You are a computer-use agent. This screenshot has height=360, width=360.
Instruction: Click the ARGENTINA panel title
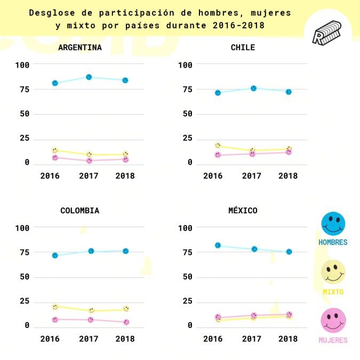tap(80, 47)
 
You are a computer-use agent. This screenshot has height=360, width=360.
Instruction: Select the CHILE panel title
tap(243, 47)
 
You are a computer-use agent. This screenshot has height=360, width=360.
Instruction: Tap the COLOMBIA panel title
tap(80, 211)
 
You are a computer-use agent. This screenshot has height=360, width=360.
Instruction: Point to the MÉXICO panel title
tap(243, 211)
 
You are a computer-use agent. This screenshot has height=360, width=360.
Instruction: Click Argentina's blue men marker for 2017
tap(89, 77)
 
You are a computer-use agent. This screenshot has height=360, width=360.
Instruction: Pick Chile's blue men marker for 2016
tap(218, 93)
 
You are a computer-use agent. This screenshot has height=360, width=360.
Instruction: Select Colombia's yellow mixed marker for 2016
tap(55, 307)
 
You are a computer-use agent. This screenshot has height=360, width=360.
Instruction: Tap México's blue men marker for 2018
tap(289, 252)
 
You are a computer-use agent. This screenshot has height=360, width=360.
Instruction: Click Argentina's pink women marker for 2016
tap(55, 157)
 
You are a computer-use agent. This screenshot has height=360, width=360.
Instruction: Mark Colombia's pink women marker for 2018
tap(126, 322)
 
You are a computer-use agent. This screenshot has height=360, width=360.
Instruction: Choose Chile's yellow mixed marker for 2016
tap(218, 145)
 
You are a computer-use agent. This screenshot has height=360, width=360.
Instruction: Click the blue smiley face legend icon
tap(333, 223)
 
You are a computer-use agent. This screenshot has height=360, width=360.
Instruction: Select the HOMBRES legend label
tap(333, 242)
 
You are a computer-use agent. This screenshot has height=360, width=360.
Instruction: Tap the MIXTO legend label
tap(333, 292)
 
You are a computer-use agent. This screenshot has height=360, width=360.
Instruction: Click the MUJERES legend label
tap(333, 340)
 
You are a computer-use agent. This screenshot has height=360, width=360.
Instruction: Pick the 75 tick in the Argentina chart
tap(24, 89)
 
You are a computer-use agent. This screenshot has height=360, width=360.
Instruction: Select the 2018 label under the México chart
tap(289, 339)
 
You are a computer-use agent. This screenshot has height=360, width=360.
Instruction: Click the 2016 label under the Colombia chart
tap(50, 339)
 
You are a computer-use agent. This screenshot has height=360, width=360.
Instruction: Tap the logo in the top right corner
tap(326, 33)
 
